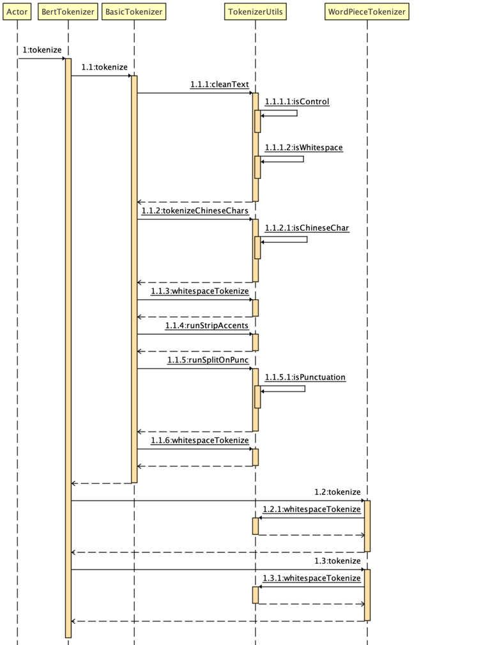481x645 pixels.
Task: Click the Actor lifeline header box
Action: coord(17,12)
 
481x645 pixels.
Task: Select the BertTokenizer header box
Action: coord(68,12)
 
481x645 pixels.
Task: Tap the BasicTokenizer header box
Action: coord(134,12)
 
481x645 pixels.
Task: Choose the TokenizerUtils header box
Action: coord(256,12)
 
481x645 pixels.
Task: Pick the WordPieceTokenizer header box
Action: coord(367,12)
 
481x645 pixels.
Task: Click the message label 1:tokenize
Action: coord(42,50)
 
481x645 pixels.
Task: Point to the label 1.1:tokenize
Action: coord(104,67)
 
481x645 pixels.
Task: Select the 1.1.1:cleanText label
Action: coord(219,84)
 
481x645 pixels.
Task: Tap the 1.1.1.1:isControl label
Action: coord(297,101)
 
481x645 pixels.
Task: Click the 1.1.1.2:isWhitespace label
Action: coord(303,148)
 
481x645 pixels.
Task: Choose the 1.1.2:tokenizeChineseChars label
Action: coord(195,210)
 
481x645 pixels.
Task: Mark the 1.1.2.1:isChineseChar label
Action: coord(307,228)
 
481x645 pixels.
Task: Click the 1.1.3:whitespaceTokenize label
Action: coord(199,291)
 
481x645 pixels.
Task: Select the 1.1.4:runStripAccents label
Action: coord(206,325)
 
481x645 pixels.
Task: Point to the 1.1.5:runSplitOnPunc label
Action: coord(208,360)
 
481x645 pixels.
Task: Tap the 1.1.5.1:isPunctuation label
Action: coord(305,377)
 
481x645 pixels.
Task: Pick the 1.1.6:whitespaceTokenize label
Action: coord(199,440)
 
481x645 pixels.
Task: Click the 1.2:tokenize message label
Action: coord(337,492)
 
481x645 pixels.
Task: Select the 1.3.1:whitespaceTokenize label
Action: coord(312,578)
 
